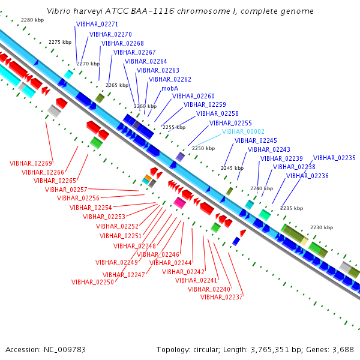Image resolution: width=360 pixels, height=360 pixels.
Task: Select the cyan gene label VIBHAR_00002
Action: pyautogui.click(x=243, y=131)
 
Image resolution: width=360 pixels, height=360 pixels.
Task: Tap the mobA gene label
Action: pyautogui.click(x=170, y=88)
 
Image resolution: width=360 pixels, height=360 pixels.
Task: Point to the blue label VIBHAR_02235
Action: pyautogui.click(x=334, y=158)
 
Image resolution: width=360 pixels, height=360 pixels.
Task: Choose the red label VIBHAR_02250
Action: pyautogui.click(x=92, y=282)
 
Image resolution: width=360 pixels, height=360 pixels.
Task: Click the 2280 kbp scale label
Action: pyautogui.click(x=32, y=20)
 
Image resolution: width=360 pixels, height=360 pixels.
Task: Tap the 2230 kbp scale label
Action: pyautogui.click(x=321, y=227)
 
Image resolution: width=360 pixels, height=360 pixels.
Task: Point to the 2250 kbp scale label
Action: pyautogui.click(x=203, y=148)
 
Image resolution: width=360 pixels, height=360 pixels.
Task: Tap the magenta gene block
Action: pyautogui.click(x=179, y=202)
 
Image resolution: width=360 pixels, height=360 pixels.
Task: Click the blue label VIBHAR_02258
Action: pyautogui.click(x=217, y=113)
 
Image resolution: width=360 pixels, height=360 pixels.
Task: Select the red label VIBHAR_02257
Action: pyautogui.click(x=66, y=190)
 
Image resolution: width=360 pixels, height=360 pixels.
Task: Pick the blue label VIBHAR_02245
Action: pyautogui.click(x=256, y=140)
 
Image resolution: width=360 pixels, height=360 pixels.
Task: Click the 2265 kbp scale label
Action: pyautogui.click(x=117, y=85)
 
